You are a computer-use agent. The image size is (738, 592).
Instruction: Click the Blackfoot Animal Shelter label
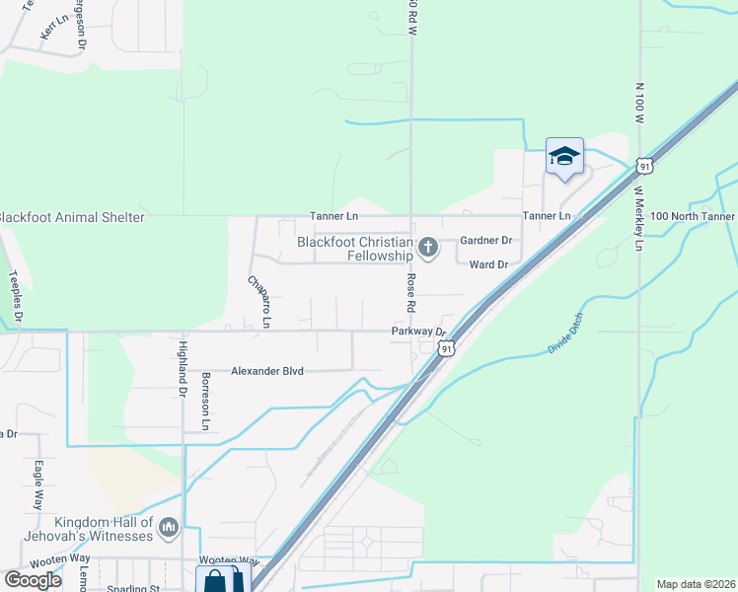(72, 217)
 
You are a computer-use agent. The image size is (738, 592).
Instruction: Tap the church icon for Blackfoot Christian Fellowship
(428, 247)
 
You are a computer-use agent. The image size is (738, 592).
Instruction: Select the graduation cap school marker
(564, 157)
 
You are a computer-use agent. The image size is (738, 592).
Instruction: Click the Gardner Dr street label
(486, 240)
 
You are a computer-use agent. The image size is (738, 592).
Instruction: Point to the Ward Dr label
(488, 264)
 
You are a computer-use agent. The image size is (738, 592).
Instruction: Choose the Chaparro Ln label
(258, 301)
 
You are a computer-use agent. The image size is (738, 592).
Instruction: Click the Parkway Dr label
(418, 333)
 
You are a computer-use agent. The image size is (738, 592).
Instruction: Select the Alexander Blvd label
(266, 371)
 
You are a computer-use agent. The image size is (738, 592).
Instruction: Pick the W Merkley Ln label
(637, 218)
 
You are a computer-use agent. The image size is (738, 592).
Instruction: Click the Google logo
(34, 579)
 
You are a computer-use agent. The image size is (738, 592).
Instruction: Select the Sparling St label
(134, 588)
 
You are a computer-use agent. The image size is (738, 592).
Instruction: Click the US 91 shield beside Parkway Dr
(447, 348)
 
